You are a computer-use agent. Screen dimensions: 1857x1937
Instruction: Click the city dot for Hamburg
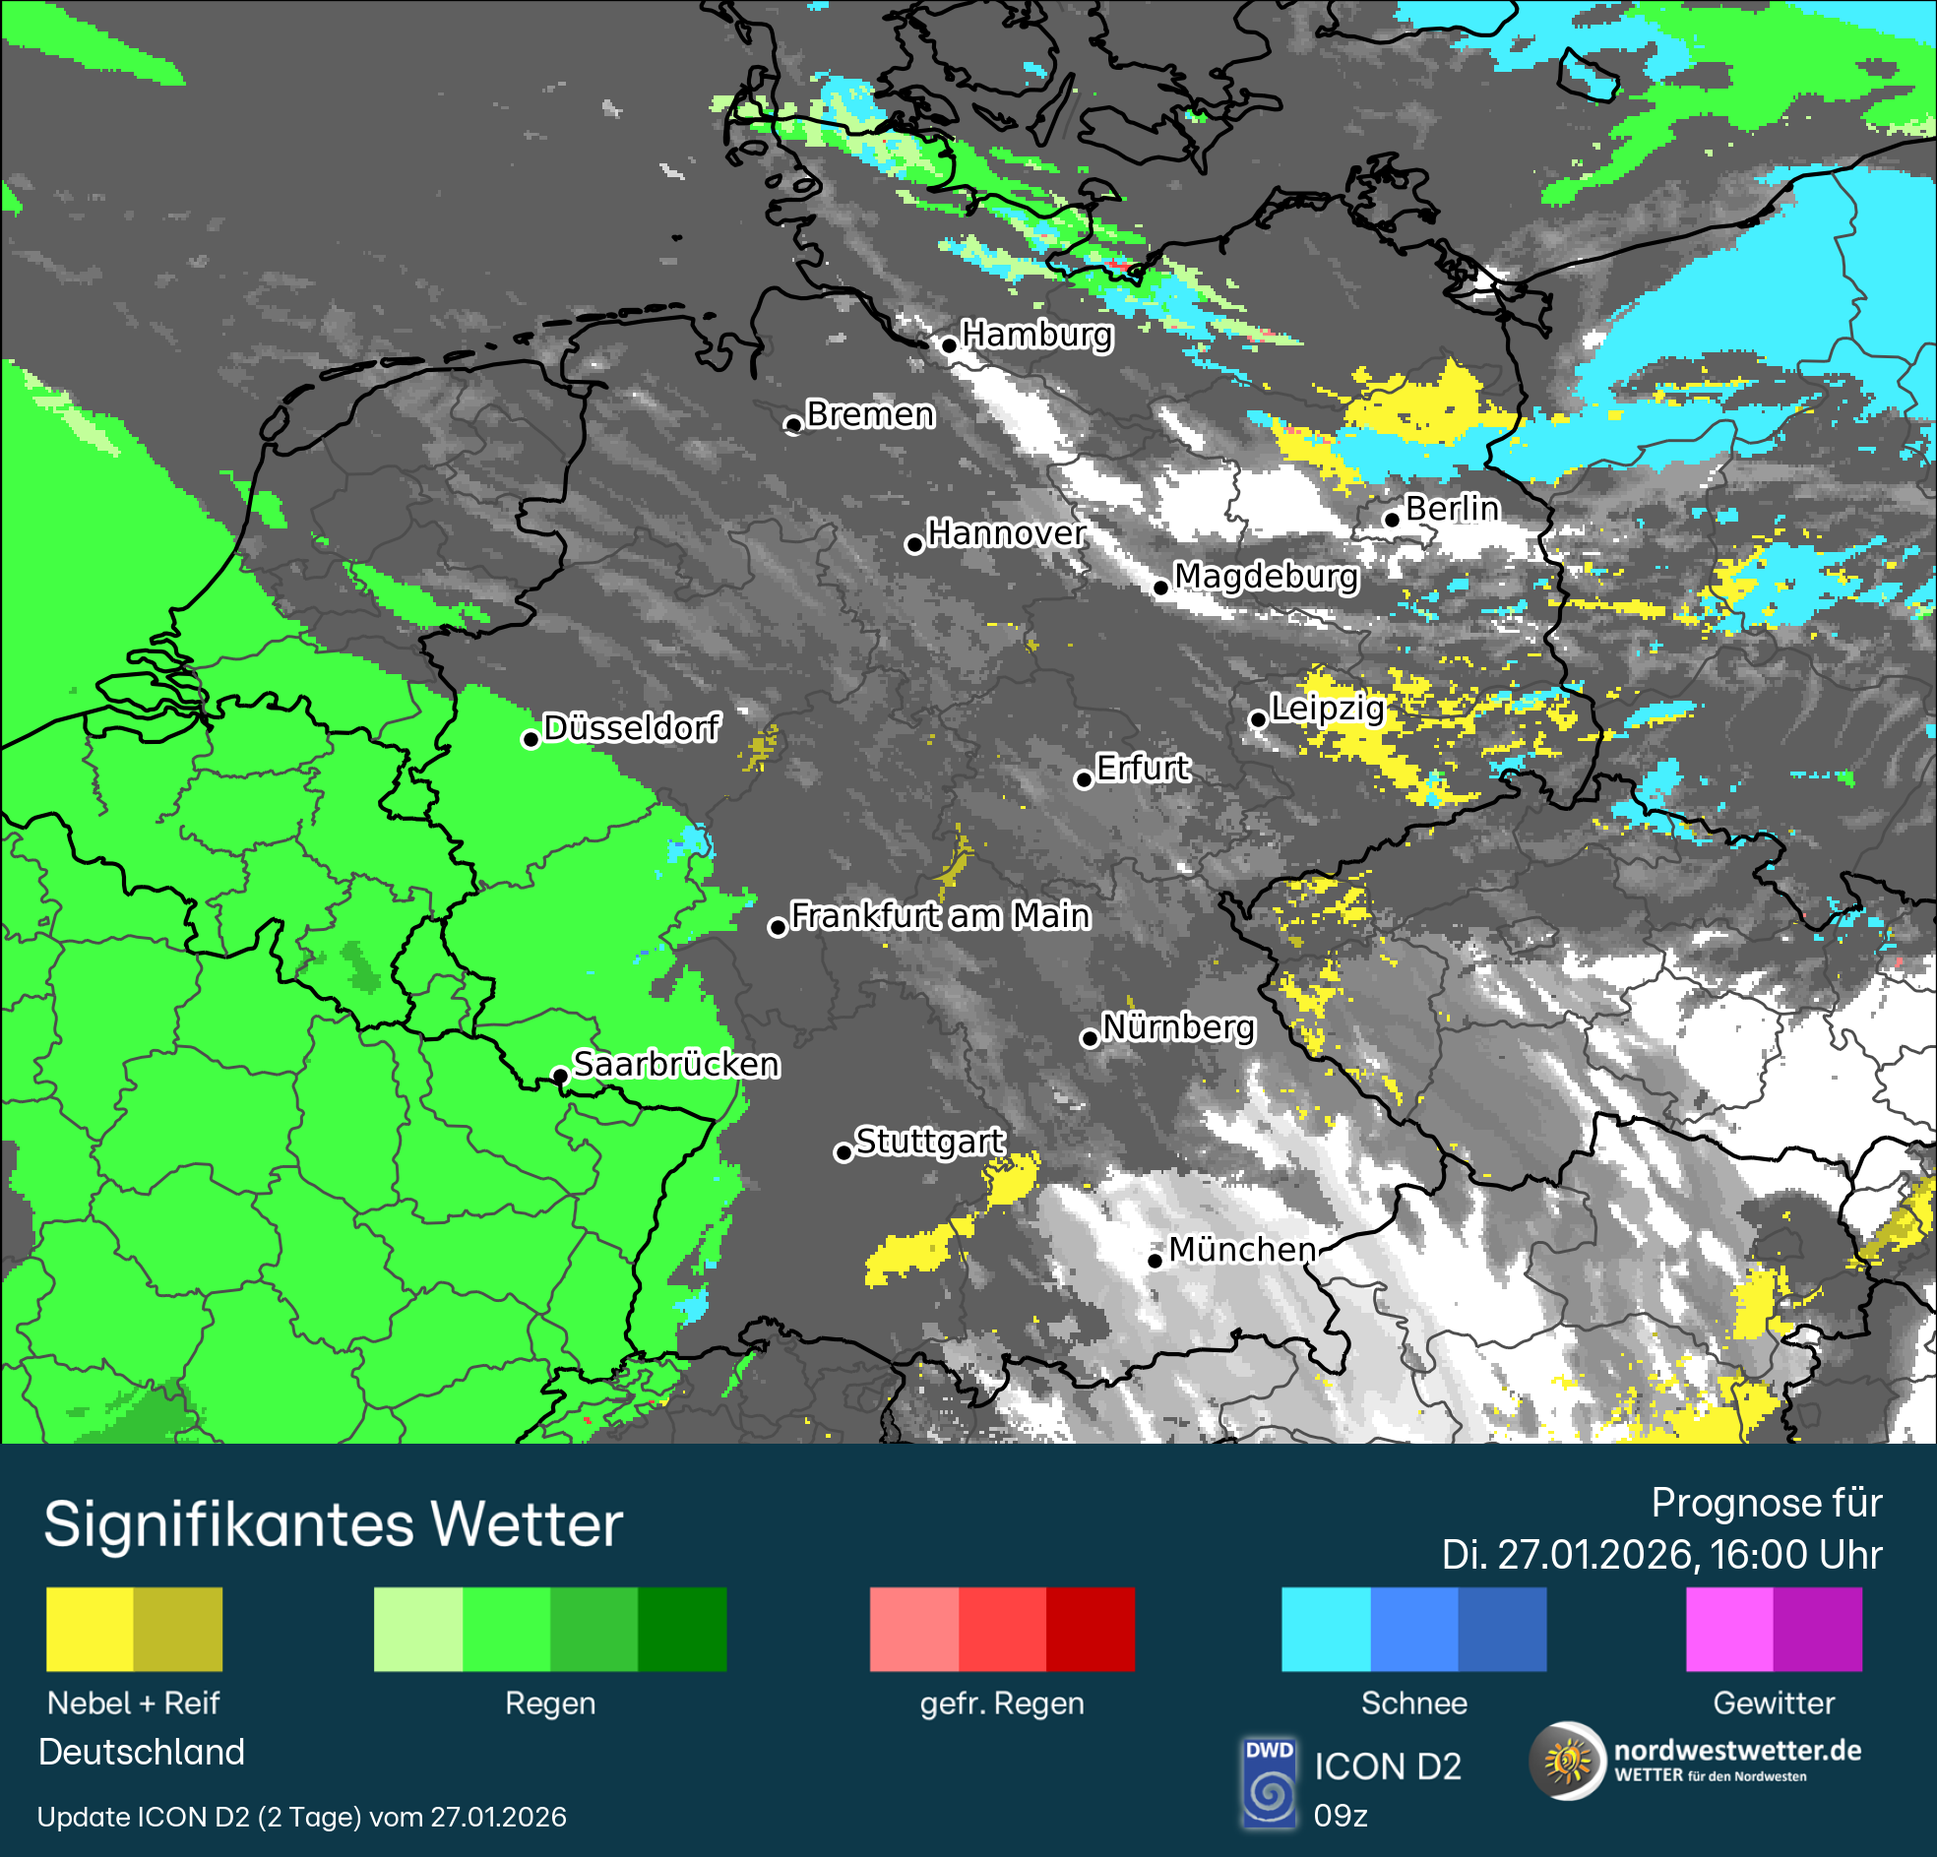click(x=949, y=344)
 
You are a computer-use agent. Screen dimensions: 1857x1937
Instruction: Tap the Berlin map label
click(x=1452, y=508)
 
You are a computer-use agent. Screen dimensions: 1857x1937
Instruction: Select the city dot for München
click(x=1155, y=1260)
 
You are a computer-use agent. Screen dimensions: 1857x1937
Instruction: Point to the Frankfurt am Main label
click(x=940, y=916)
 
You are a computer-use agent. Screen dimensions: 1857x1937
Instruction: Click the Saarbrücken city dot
click(x=559, y=1076)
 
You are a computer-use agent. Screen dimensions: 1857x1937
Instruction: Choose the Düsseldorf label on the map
click(x=631, y=727)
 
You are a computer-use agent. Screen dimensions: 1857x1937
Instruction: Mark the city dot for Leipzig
click(x=1258, y=718)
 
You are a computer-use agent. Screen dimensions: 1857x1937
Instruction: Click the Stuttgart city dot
click(x=843, y=1152)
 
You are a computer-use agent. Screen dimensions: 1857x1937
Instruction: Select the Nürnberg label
click(x=1178, y=1026)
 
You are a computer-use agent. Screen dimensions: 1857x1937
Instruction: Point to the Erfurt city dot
click(x=1083, y=779)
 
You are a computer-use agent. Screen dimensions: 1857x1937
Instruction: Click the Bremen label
click(x=870, y=414)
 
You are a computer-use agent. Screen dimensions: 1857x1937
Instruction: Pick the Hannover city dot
click(x=914, y=544)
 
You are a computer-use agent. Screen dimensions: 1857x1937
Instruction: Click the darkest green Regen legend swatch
click(x=682, y=1630)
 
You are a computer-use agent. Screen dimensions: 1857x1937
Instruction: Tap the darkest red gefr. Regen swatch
click(x=1091, y=1630)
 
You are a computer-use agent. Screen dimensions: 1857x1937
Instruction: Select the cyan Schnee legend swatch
click(x=1325, y=1630)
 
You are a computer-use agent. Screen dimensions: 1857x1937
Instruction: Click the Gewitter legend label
click(x=1773, y=1702)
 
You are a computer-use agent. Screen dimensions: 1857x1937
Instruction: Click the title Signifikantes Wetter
click(x=333, y=1524)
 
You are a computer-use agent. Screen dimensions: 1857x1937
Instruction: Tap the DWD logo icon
click(x=1269, y=1783)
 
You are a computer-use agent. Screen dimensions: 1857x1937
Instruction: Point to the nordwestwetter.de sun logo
click(x=1567, y=1762)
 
